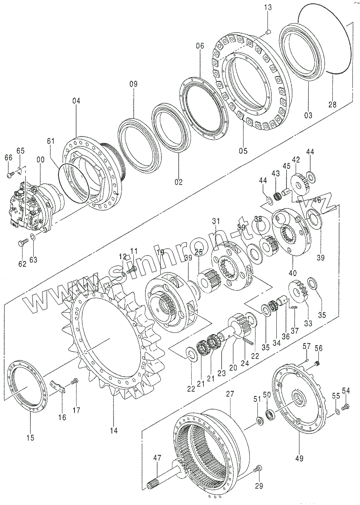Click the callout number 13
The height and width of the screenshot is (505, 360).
[x=268, y=7]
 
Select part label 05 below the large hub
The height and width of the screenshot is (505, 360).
[x=243, y=150]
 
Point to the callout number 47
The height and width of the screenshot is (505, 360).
[x=157, y=457]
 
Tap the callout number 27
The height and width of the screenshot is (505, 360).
[x=230, y=394]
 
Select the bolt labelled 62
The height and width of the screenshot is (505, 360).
[x=24, y=242]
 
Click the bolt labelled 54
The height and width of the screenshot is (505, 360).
[x=346, y=406]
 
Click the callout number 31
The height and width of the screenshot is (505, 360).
[x=216, y=221]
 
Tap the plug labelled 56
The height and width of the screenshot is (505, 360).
[x=318, y=363]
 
